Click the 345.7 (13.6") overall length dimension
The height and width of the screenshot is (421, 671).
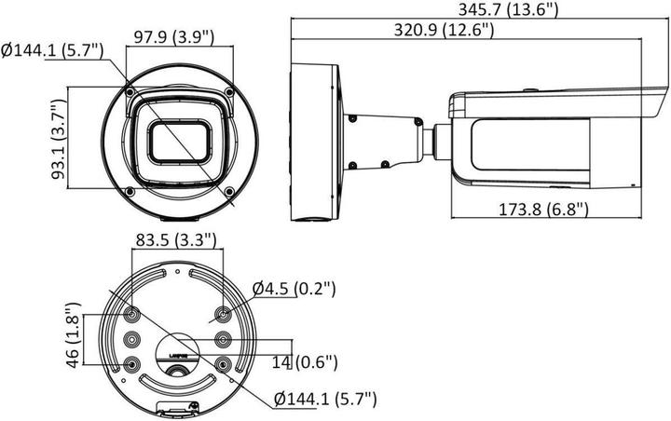tap(508, 10)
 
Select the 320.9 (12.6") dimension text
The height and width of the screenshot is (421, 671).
tap(444, 31)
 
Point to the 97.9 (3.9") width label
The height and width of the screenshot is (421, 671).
tap(173, 36)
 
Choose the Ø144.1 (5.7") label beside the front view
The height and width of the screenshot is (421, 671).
tap(56, 51)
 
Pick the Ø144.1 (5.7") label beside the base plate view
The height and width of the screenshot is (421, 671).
tap(325, 400)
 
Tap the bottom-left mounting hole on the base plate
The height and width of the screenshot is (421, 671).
tap(131, 363)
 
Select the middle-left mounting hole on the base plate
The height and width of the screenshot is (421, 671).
tap(131, 339)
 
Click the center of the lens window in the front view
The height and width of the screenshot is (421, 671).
tap(179, 142)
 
